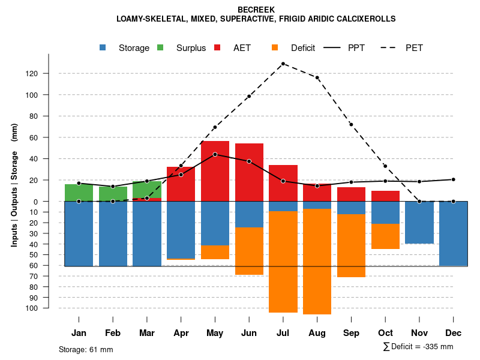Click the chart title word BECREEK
tap(256, 10)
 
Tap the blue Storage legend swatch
tap(103, 47)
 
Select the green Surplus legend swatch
tap(160, 47)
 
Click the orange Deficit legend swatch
tap(275, 47)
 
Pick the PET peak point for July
tap(283, 64)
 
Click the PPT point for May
tap(215, 154)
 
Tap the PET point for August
tap(317, 77)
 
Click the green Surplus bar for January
tap(79, 193)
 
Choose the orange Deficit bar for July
tap(283, 262)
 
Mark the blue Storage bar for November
tap(419, 222)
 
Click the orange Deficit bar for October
tap(385, 236)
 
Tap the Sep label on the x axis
tap(352, 333)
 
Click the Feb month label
tap(113, 333)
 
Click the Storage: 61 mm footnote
tap(86, 349)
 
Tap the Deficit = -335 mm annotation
tap(418, 347)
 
